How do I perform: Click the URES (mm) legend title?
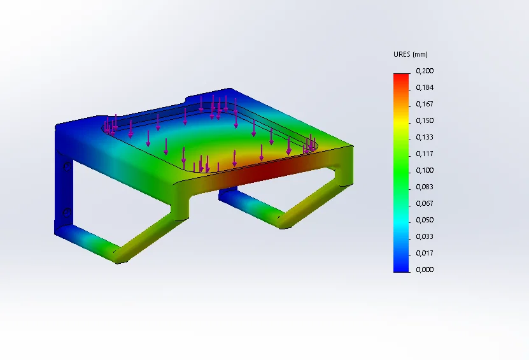coord(410,54)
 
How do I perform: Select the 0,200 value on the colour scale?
coord(425,71)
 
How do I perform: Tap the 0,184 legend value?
coord(425,87)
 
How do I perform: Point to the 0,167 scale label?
coord(425,104)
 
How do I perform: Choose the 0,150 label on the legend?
coord(425,120)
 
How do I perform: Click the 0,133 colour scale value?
coord(425,137)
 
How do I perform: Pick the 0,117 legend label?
coord(425,154)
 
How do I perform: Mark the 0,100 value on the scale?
coord(425,170)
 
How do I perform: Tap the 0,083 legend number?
coord(425,187)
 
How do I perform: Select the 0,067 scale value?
coord(425,203)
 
